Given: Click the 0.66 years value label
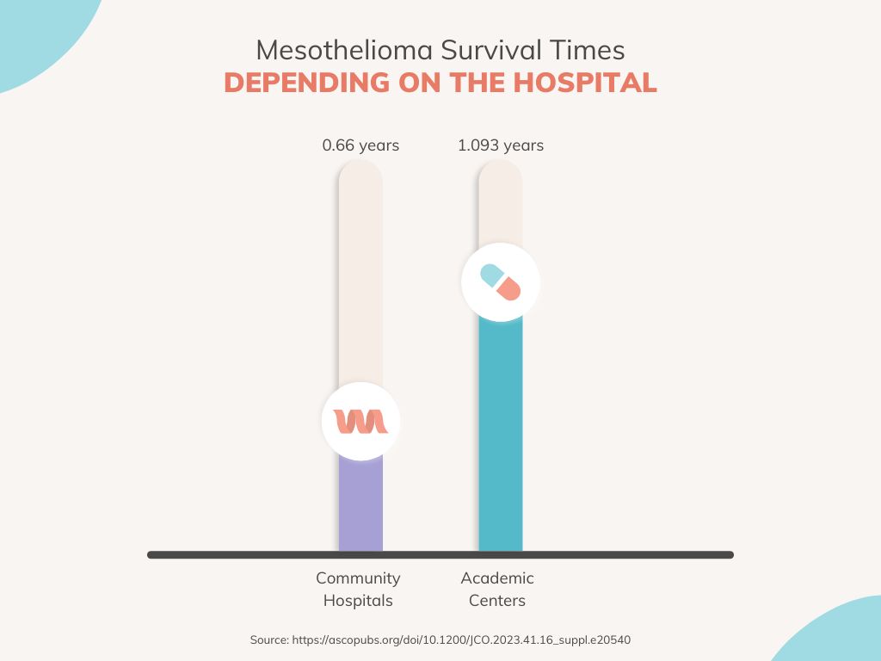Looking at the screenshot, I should click(360, 145).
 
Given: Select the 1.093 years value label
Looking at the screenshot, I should click(501, 145).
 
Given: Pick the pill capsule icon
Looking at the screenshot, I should click(501, 282).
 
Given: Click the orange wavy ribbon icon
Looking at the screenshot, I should click(360, 422).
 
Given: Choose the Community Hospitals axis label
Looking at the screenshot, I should click(358, 590).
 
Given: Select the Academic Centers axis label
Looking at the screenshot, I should click(497, 590).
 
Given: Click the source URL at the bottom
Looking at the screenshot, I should click(465, 640).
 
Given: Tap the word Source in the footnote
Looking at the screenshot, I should click(269, 640).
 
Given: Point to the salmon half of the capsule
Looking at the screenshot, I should click(510, 289).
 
